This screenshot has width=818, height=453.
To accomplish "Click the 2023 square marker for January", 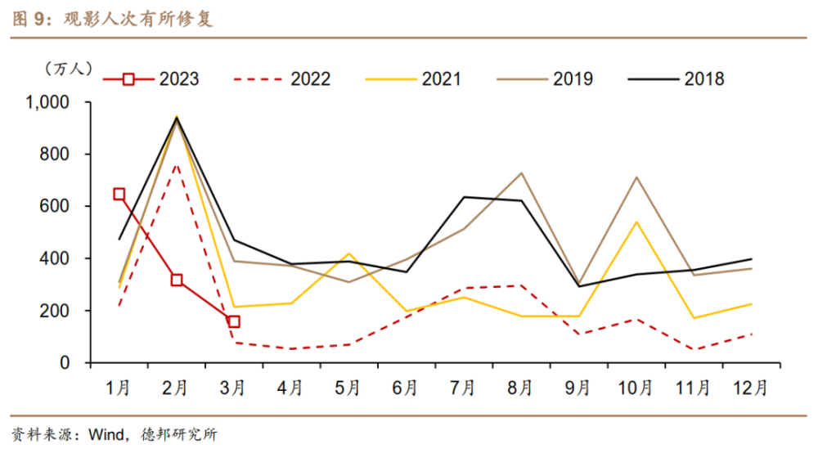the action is pyautogui.click(x=119, y=195).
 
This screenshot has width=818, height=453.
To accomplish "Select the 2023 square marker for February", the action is pyautogui.click(x=177, y=280).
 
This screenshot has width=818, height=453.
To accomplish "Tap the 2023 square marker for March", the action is pyautogui.click(x=234, y=321).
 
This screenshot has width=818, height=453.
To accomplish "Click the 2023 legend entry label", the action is pyautogui.click(x=179, y=79).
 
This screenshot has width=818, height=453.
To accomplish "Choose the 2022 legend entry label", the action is pyautogui.click(x=310, y=79).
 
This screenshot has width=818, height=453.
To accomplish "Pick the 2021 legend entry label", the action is pyautogui.click(x=442, y=79).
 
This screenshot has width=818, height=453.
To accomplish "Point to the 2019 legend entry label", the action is pyautogui.click(x=573, y=79).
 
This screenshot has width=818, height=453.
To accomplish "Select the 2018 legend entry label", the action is pyautogui.click(x=704, y=79).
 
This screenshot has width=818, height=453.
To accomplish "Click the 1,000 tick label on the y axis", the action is pyautogui.click(x=47, y=102).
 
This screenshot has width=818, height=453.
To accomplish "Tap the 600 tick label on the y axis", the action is pyautogui.click(x=54, y=206).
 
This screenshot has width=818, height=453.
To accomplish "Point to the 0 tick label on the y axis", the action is pyautogui.click(x=65, y=363).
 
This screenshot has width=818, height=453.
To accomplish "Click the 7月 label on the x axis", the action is pyautogui.click(x=462, y=388).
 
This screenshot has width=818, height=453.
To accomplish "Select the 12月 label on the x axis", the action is pyautogui.click(x=750, y=388).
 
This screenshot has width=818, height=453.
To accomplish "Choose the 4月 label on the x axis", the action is pyautogui.click(x=290, y=388).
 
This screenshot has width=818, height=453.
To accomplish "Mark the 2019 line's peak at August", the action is pyautogui.click(x=521, y=173).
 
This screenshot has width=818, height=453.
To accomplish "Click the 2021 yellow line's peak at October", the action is pyautogui.click(x=636, y=222).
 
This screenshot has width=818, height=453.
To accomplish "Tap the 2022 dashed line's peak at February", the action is pyautogui.click(x=177, y=164).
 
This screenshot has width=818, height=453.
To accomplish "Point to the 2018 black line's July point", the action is pyautogui.click(x=464, y=197).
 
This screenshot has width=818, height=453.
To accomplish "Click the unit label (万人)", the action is pyautogui.click(x=68, y=69).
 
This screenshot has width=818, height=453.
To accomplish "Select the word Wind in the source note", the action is pyautogui.click(x=106, y=434).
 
